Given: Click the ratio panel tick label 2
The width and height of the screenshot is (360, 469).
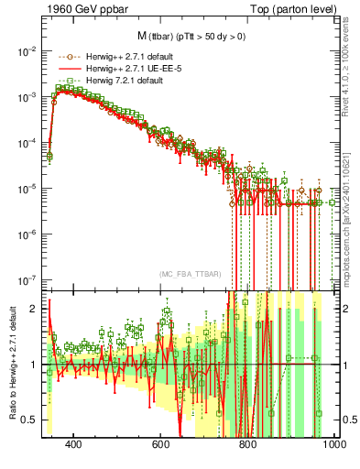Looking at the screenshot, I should (x=34, y=309).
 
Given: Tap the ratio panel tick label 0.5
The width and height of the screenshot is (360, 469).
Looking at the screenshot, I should (x=30, y=420).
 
